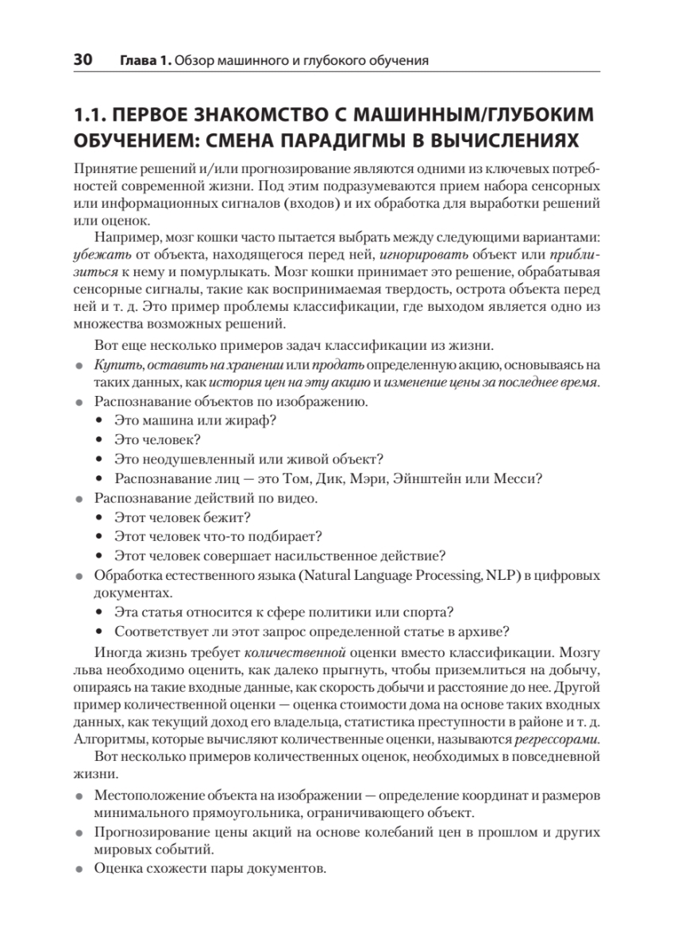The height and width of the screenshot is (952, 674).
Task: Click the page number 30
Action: (x=83, y=59)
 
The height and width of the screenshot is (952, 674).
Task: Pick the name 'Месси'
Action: (x=517, y=478)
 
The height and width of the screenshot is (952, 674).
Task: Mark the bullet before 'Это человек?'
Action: (x=99, y=440)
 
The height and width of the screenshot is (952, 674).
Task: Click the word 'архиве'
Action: (x=483, y=631)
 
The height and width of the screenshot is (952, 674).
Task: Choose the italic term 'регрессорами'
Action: (x=555, y=740)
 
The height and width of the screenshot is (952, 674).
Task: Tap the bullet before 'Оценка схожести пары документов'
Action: (x=79, y=869)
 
